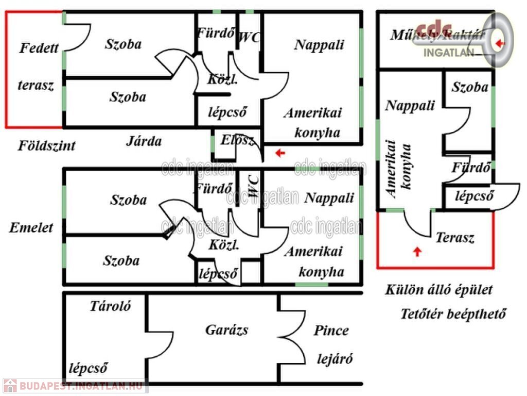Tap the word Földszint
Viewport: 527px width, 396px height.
tap(47, 145)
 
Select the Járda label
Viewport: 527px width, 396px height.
tap(144, 141)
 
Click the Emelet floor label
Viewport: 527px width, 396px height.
tap(31, 227)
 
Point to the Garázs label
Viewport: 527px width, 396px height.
tap(226, 329)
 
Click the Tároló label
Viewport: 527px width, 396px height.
tap(110, 306)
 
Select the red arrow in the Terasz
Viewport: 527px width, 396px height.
tap(417, 252)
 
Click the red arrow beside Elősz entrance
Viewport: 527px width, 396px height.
tap(279, 153)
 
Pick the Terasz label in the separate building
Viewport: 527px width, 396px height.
tap(455, 238)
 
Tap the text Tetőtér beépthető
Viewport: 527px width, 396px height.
tap(453, 313)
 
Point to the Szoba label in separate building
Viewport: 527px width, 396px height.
tap(470, 87)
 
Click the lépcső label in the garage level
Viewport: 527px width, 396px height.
tap(88, 368)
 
